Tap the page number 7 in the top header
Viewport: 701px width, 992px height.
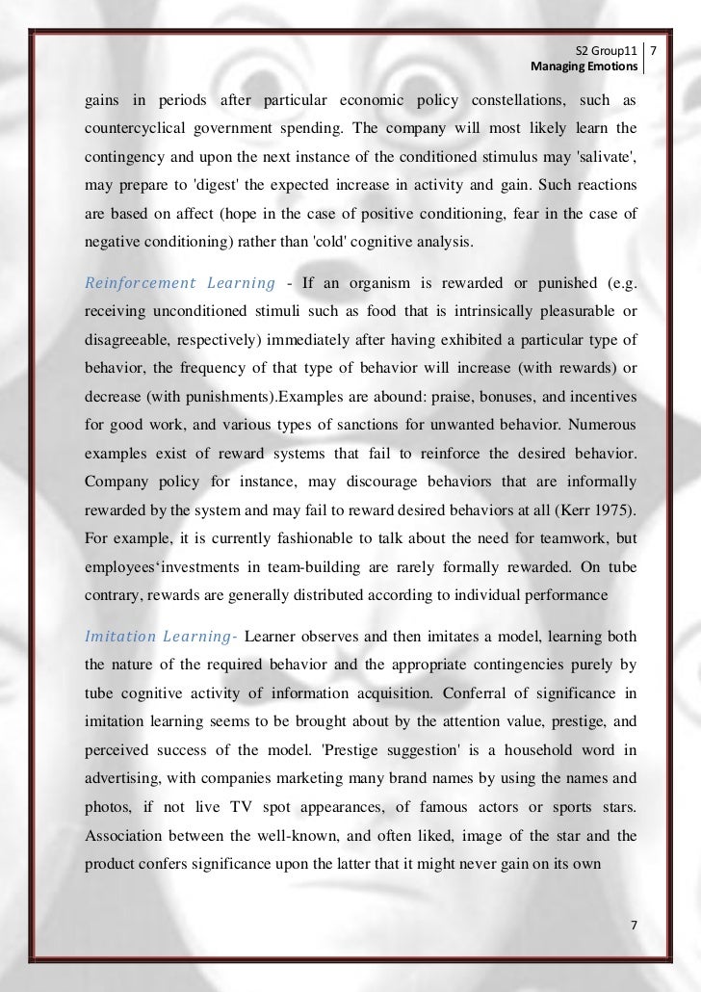(x=657, y=50)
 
